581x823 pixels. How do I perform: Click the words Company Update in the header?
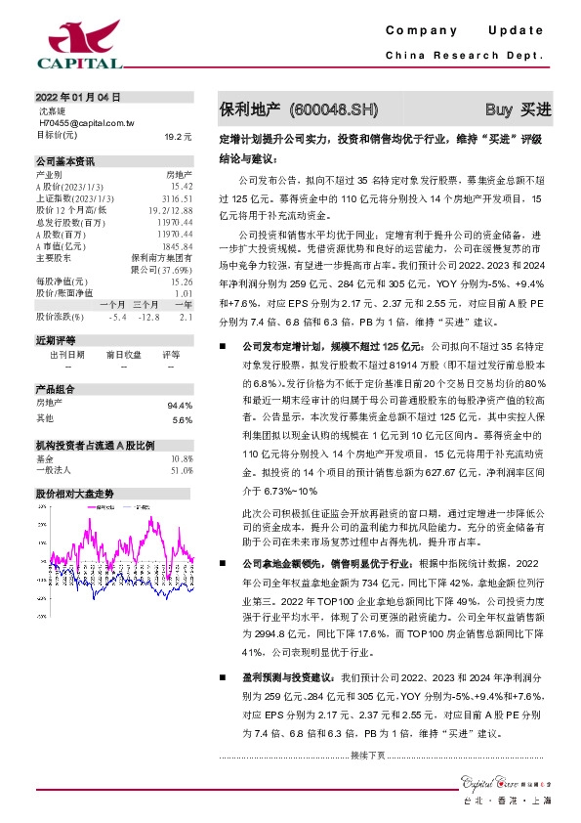coord(471,32)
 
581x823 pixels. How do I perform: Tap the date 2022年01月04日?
coord(77,98)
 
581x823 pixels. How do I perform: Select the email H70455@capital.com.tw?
coord(86,124)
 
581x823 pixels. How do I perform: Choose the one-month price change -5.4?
coord(118,317)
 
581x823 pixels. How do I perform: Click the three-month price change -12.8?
coord(148,317)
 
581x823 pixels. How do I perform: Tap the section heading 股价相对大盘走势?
coord(75,493)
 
